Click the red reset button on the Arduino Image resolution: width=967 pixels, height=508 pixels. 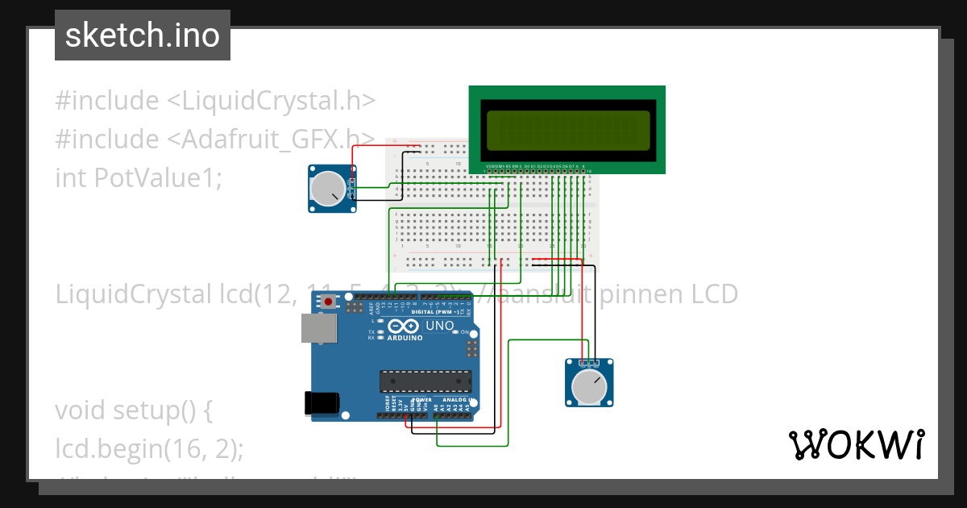point(328,302)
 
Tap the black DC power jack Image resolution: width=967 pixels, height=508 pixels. point(321,404)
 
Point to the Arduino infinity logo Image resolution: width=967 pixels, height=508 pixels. point(402,327)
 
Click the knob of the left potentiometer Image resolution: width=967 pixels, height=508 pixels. point(326,189)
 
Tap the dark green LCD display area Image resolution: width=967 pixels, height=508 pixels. point(567,131)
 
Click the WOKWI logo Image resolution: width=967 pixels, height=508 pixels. point(856,445)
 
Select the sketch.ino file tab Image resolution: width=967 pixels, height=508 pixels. point(143,35)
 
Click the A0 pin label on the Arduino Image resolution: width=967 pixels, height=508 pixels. point(436,408)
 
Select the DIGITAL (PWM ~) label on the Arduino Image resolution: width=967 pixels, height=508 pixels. point(435,311)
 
